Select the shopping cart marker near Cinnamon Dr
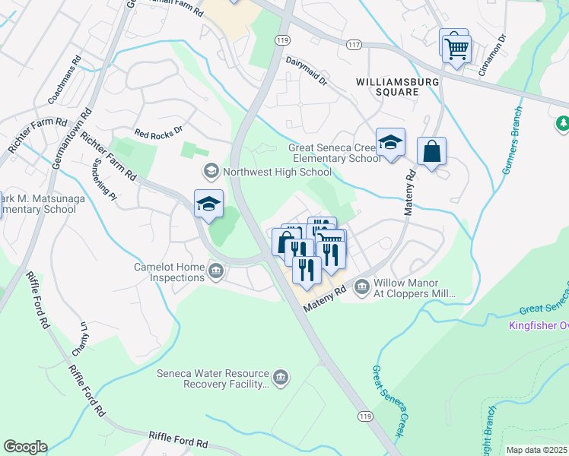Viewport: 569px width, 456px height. coord(456,49)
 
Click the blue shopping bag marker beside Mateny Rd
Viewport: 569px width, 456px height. coord(431,151)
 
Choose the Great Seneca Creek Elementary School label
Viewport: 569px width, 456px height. coord(334,154)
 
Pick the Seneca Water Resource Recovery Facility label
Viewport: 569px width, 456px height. coord(213,379)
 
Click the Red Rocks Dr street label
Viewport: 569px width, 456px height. coord(158,131)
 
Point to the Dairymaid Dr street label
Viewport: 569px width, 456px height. coord(306,68)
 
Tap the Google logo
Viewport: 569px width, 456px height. coord(25,447)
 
